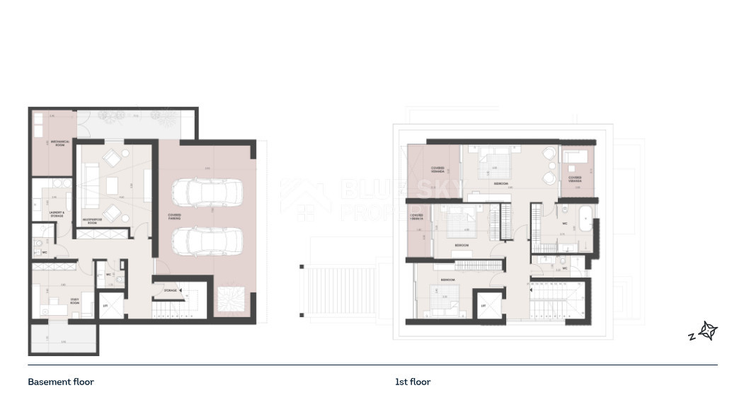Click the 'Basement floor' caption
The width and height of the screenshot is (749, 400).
click(61, 382)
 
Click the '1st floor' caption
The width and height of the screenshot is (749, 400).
click(413, 382)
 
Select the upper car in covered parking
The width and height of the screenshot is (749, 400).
click(207, 193)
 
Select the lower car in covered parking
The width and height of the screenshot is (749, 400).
click(207, 241)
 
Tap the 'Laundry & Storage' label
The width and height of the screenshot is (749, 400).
click(57, 214)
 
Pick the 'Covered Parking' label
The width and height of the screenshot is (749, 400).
click(174, 217)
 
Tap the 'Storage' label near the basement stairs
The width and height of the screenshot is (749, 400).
click(170, 291)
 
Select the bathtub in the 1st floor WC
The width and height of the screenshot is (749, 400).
click(585, 221)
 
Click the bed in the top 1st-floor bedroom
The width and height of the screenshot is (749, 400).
click(493, 164)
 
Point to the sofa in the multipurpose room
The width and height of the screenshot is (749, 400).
click(90, 183)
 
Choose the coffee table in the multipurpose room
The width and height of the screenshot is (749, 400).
click(113, 185)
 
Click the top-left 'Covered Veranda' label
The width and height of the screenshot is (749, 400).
click(438, 171)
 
